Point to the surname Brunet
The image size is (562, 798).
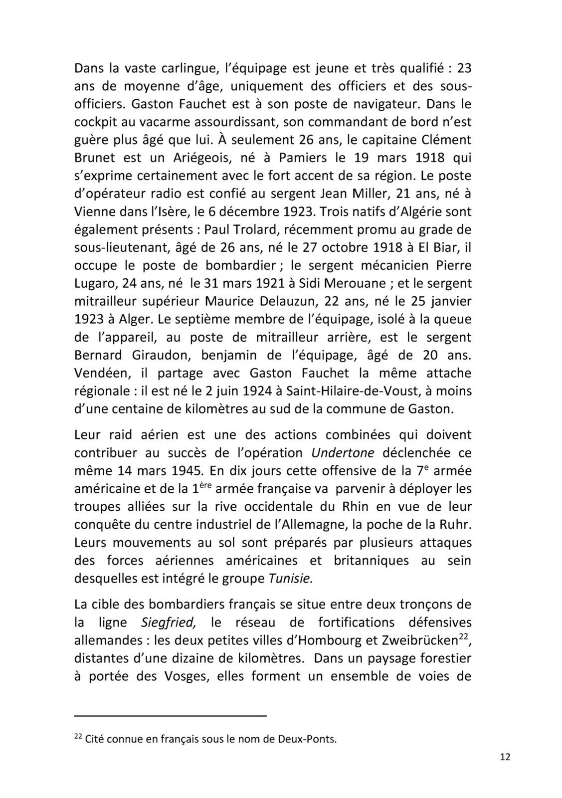coord(95,158)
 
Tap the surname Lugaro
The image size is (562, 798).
coord(94,283)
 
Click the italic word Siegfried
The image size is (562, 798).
coord(168,622)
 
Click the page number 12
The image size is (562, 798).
coord(505,771)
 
